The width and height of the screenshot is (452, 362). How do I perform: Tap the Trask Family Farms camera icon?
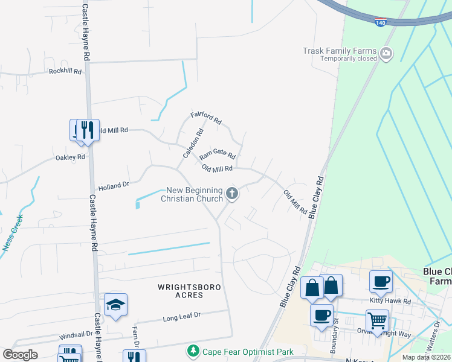[386, 55]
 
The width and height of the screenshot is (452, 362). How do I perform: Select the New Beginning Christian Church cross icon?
[233, 194]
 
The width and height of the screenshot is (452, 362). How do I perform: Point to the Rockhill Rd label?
[65, 71]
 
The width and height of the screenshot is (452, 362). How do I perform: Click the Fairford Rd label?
[207, 117]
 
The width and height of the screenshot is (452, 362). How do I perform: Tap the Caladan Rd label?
[192, 144]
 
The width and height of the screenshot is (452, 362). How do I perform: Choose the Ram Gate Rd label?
[217, 155]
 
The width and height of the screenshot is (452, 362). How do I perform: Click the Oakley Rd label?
[70, 157]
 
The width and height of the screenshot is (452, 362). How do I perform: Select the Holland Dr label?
[114, 185]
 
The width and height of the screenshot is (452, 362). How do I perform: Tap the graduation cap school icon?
[115, 304]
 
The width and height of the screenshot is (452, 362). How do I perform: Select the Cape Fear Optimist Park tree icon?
[193, 351]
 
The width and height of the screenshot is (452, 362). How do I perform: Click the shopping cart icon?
[377, 320]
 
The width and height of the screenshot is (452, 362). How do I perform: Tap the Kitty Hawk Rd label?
[390, 301]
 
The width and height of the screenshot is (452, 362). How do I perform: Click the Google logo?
[20, 355]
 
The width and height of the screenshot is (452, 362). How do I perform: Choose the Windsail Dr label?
[76, 334]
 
